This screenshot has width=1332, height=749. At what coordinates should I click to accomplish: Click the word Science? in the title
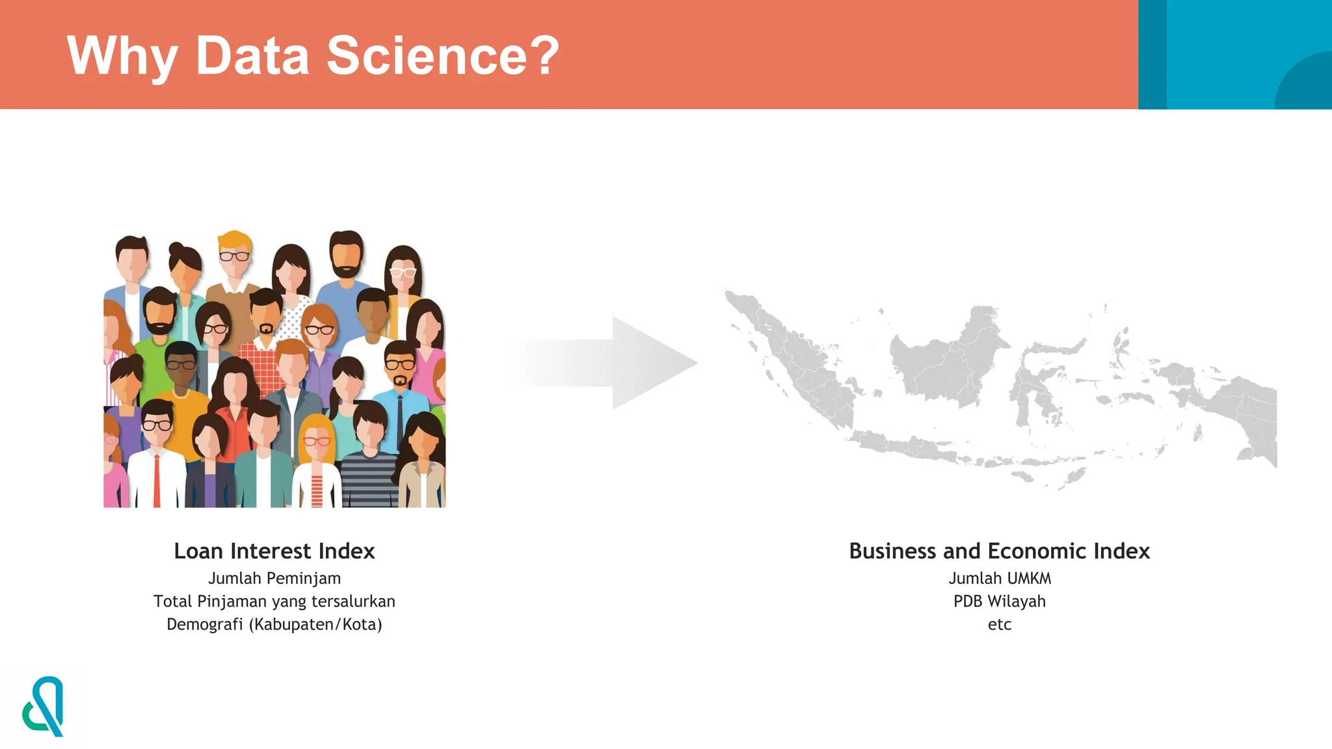(442, 56)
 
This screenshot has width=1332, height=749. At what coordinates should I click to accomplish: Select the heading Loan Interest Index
(274, 551)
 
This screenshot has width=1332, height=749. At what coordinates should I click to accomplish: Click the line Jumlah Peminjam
(274, 578)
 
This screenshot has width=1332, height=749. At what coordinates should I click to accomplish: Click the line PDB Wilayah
(999, 601)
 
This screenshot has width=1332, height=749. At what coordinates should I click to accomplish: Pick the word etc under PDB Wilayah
(999, 625)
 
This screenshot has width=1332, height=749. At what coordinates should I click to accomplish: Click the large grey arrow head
(650, 363)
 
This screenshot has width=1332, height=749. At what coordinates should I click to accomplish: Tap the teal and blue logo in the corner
(44, 707)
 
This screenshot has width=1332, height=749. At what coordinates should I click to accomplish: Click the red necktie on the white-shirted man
(157, 481)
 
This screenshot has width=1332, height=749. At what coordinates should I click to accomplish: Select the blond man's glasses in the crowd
(233, 256)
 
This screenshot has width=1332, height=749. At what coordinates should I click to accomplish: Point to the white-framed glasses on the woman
(403, 272)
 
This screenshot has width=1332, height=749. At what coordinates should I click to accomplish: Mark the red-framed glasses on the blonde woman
(317, 441)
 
